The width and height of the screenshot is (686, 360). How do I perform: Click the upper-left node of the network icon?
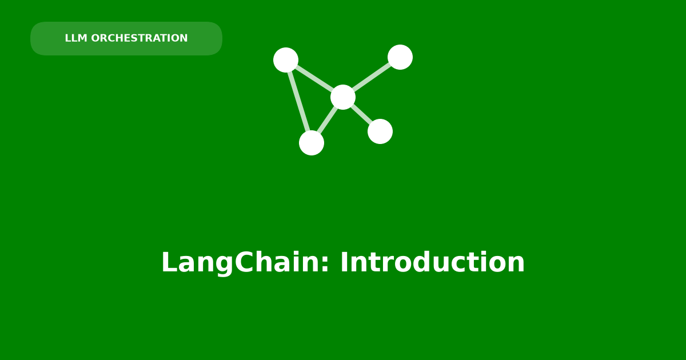click(286, 60)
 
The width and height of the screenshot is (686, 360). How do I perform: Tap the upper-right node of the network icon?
click(400, 57)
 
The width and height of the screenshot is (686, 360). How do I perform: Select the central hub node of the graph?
click(343, 97)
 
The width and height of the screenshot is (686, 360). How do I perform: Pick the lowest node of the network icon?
click(312, 143)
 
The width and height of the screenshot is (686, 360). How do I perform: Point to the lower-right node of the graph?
click(380, 131)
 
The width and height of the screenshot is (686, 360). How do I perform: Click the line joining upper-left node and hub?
click(314, 78)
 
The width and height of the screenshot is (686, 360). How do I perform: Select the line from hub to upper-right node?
click(372, 77)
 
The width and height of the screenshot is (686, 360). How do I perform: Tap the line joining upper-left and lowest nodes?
click(298, 101)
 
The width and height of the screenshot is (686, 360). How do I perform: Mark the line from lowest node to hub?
click(327, 120)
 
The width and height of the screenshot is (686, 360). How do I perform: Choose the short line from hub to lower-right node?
click(362, 114)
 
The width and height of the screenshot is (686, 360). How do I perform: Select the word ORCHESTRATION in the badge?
click(139, 38)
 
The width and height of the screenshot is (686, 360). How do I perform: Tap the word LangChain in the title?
click(241, 262)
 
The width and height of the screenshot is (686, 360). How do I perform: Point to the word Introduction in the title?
click(432, 262)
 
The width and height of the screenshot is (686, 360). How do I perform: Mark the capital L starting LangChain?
click(169, 262)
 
